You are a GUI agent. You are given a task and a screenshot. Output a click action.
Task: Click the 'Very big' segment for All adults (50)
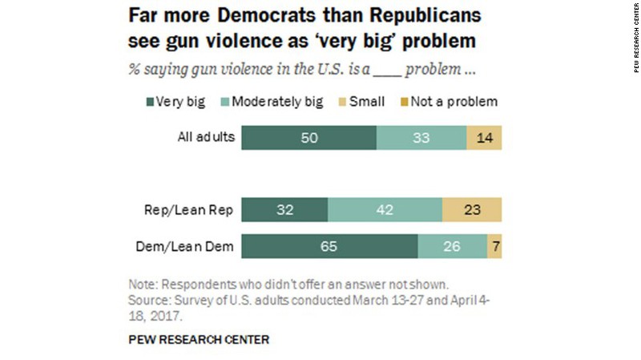coord(308,137)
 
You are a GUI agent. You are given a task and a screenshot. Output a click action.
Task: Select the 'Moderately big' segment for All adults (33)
coord(421,137)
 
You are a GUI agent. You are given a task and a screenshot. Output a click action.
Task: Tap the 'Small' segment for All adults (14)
coord(485,137)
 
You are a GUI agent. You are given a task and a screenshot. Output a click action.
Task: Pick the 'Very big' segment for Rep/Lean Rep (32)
coord(284,209)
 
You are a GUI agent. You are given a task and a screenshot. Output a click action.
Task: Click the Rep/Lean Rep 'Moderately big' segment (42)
coord(385,209)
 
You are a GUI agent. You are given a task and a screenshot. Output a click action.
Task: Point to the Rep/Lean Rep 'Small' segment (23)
coord(472,209)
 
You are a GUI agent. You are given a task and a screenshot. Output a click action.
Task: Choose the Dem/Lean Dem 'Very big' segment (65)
coord(329,246)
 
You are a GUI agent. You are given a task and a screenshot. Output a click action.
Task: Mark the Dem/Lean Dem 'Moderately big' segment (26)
coord(452,246)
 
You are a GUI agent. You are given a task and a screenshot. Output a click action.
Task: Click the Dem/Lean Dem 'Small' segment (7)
coord(495,246)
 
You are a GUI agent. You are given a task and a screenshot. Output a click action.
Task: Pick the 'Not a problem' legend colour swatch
coord(405,102)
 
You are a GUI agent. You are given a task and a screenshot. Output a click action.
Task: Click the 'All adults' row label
coord(205,137)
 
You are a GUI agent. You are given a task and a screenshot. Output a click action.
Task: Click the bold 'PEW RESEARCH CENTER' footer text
coord(199,339)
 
